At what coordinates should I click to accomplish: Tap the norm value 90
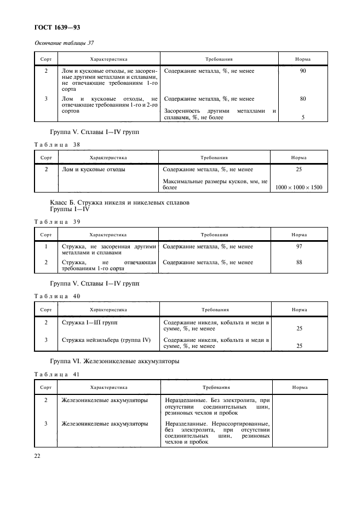[x=303, y=71]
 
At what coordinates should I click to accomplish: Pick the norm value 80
[x=303, y=99]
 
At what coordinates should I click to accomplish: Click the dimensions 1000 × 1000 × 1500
[x=298, y=188]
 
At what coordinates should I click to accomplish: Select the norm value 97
[x=299, y=247]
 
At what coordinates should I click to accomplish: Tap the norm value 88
[x=299, y=263]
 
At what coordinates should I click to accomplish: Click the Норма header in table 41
[x=300, y=387]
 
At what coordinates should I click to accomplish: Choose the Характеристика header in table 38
[x=108, y=158]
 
